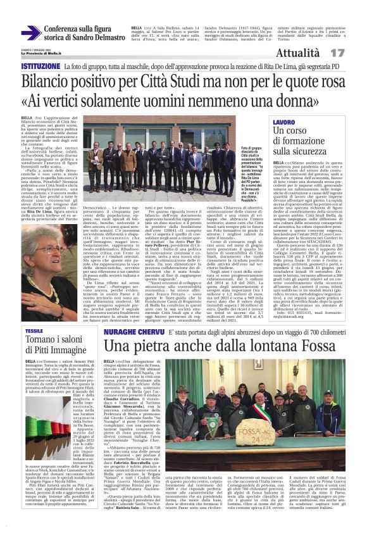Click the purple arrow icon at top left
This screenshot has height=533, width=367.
[30, 33]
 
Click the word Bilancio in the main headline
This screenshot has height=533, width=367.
[47, 82]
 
